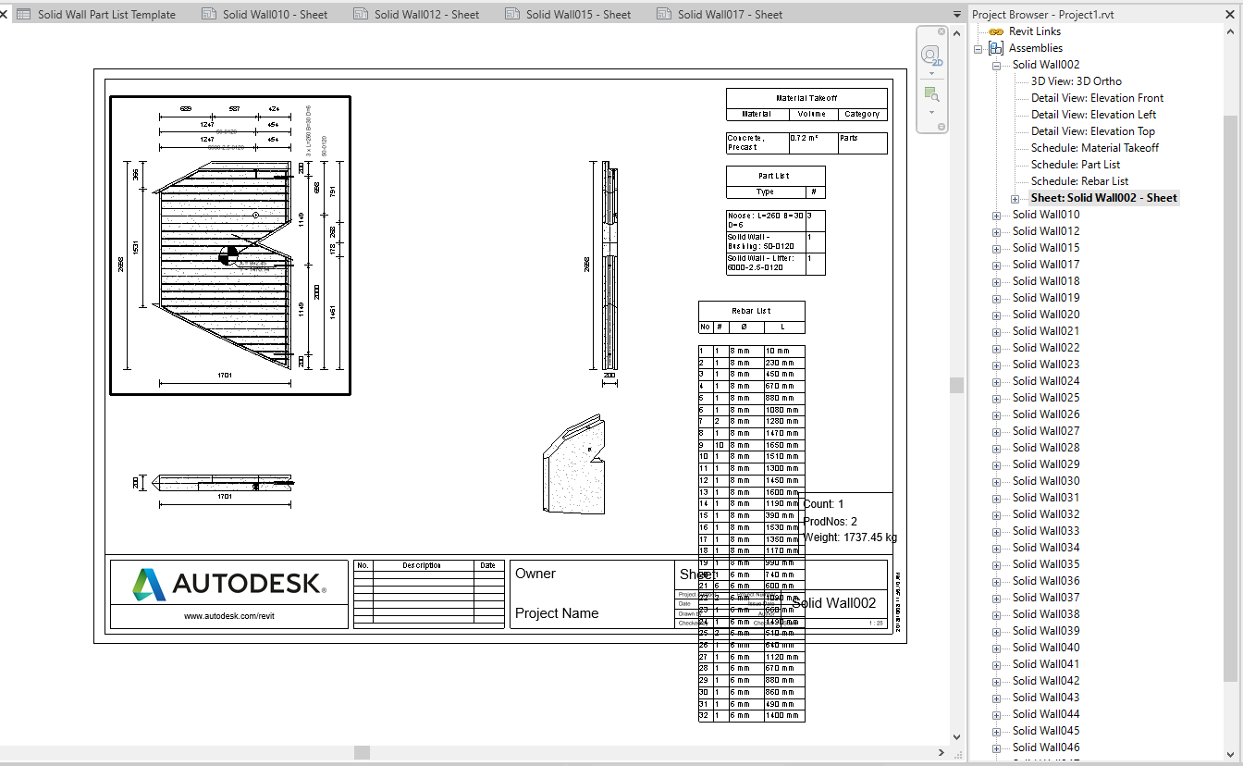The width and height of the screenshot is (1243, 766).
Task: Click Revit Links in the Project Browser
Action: (x=1034, y=31)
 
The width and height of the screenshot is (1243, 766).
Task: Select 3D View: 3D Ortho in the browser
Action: (x=1076, y=81)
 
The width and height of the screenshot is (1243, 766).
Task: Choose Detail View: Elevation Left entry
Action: (x=1093, y=115)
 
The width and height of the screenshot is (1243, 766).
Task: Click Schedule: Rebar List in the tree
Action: (x=1079, y=181)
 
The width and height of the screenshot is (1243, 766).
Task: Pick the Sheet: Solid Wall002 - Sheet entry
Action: (x=1103, y=198)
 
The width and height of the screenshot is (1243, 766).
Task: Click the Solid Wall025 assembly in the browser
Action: (x=1045, y=398)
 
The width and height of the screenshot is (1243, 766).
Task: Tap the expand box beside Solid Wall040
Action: (x=996, y=648)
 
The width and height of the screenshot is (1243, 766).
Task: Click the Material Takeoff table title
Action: (x=806, y=98)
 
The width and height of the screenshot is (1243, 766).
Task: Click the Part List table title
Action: (x=774, y=176)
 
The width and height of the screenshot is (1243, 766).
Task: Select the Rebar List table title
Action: (x=751, y=311)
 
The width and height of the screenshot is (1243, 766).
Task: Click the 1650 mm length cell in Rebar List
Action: (x=783, y=445)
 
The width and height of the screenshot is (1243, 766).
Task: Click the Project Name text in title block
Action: (x=557, y=613)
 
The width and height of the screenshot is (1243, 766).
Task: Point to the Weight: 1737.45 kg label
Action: (x=849, y=537)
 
